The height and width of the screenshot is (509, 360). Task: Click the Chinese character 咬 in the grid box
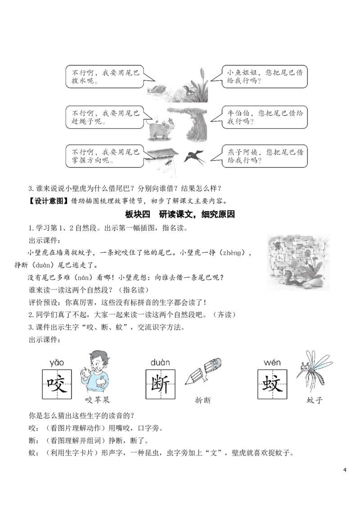pyautogui.click(x=57, y=383)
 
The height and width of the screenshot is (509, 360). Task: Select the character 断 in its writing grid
pyautogui.click(x=160, y=383)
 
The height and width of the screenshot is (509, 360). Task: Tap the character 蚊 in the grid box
pyautogui.click(x=272, y=383)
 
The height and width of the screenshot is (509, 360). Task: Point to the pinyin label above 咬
pyautogui.click(x=57, y=362)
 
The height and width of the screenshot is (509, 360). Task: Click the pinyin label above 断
pyautogui.click(x=160, y=362)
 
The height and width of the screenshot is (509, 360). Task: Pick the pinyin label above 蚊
pyautogui.click(x=272, y=362)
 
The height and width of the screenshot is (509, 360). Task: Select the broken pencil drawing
pyautogui.click(x=204, y=372)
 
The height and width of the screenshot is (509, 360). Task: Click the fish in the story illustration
pyautogui.click(x=157, y=90)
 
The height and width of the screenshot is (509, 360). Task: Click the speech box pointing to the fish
pyautogui.click(x=104, y=77)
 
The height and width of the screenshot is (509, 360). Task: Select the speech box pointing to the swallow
pyautogui.click(x=264, y=156)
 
